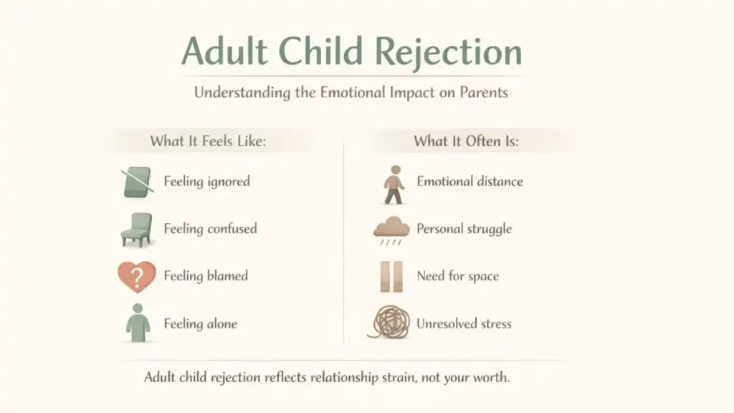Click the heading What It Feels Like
point(208,141)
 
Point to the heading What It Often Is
point(466,141)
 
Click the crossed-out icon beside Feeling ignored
point(137,182)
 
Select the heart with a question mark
point(136,277)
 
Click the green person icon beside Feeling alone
point(137,323)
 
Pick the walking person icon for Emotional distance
point(393,184)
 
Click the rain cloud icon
point(391,231)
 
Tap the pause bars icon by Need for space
point(391,277)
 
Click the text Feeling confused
point(210,229)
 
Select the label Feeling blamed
point(206,276)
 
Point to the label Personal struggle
point(464,229)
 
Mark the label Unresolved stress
point(464,323)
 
